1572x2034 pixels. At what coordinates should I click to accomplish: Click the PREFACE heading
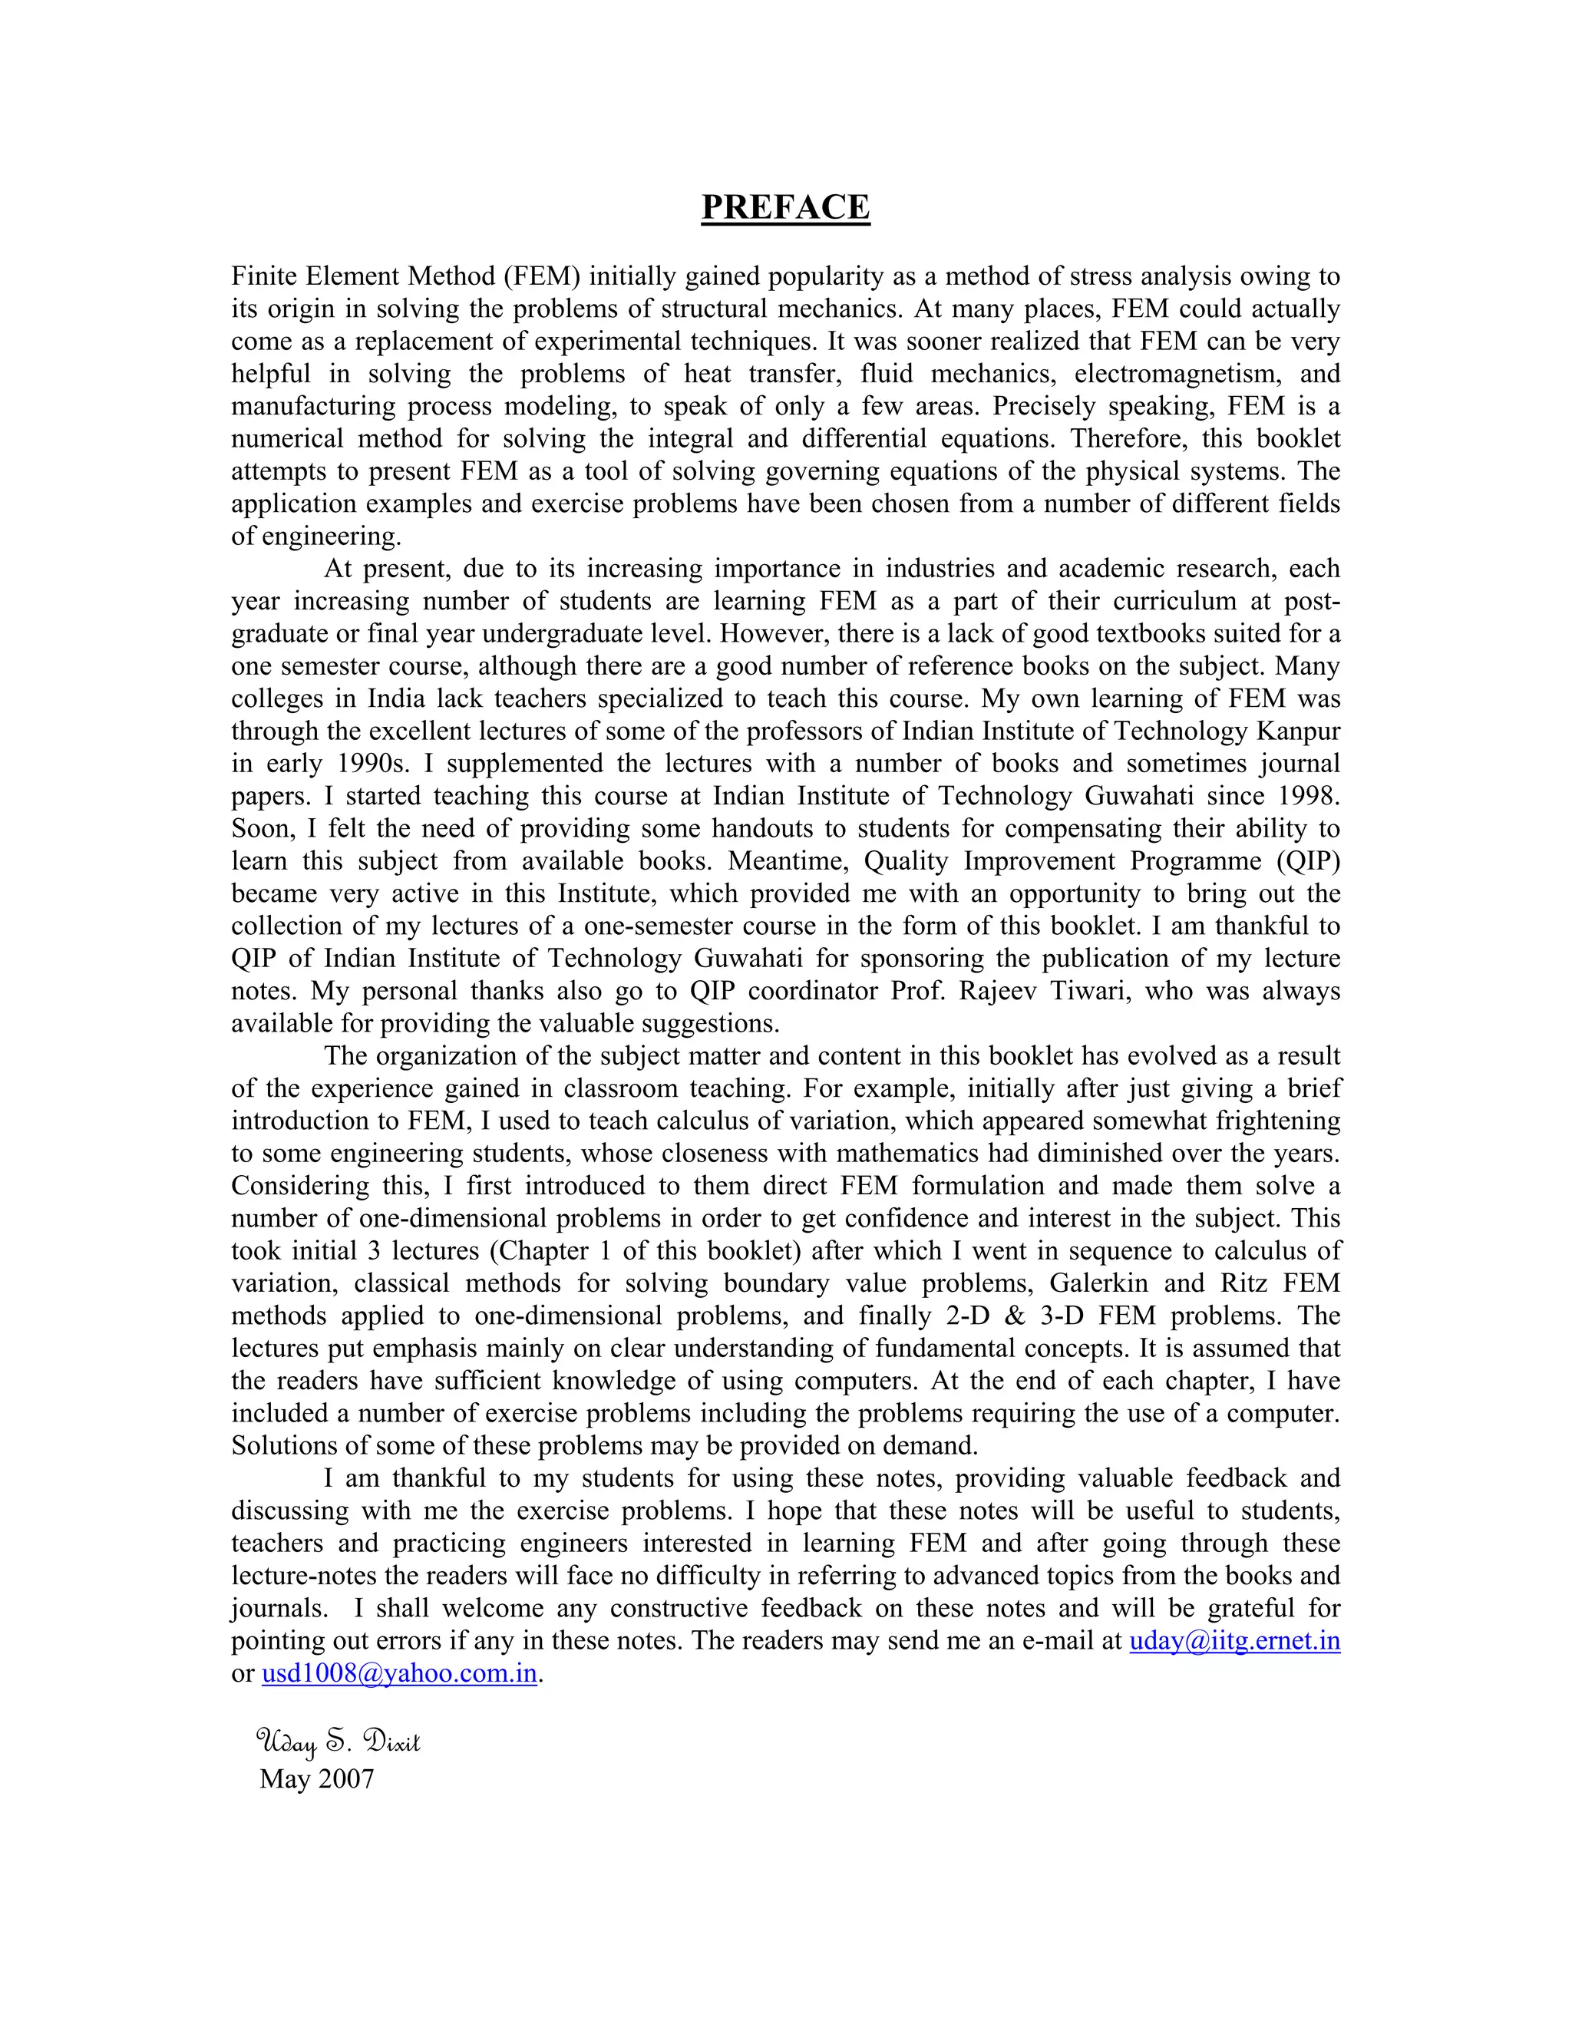785,206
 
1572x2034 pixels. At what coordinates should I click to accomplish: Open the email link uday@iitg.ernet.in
1234,1641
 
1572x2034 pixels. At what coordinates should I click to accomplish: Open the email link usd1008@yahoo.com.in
399,1673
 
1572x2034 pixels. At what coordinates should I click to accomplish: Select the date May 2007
317,1779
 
